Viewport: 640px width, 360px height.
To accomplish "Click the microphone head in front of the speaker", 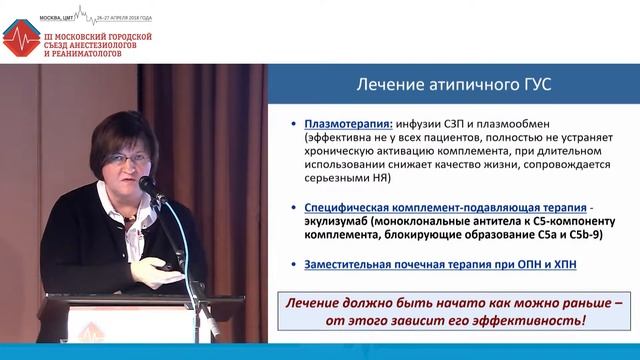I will [146, 185].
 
